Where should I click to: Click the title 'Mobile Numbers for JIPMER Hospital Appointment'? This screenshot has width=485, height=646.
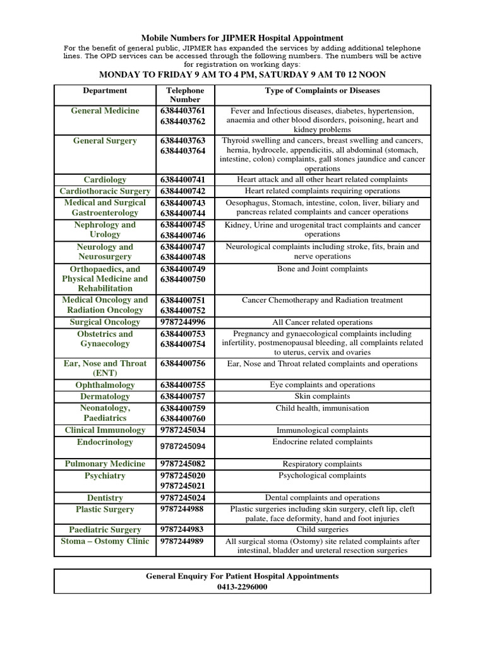(x=242, y=38)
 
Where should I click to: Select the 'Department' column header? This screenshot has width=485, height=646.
(x=105, y=91)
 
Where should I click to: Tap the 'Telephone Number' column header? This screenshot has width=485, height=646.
(x=184, y=95)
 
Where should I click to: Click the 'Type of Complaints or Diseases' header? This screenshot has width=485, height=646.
(x=322, y=91)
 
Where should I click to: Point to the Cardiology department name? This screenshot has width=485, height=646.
(x=105, y=180)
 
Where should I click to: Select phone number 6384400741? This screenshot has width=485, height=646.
(x=183, y=180)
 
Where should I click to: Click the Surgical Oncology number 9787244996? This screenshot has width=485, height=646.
(x=183, y=322)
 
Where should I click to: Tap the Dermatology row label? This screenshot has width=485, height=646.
(x=105, y=396)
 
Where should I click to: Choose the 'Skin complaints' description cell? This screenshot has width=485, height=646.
(x=322, y=396)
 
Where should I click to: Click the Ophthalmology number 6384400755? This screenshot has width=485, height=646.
(x=183, y=385)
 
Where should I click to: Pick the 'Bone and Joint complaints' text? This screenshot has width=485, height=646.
(x=322, y=269)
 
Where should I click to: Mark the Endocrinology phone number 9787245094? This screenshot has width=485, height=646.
(x=183, y=446)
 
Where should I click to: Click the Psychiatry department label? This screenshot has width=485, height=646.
(x=105, y=476)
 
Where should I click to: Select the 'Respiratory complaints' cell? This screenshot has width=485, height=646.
(x=322, y=464)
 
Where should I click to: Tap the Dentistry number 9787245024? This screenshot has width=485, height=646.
(x=183, y=498)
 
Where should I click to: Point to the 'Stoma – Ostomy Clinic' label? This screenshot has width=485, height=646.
(x=105, y=541)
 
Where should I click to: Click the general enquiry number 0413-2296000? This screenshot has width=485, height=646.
(x=242, y=587)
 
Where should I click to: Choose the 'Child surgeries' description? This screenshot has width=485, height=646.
(x=322, y=530)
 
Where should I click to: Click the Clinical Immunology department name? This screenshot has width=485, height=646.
(x=105, y=430)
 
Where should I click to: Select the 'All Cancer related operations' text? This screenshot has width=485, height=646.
(x=322, y=322)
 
